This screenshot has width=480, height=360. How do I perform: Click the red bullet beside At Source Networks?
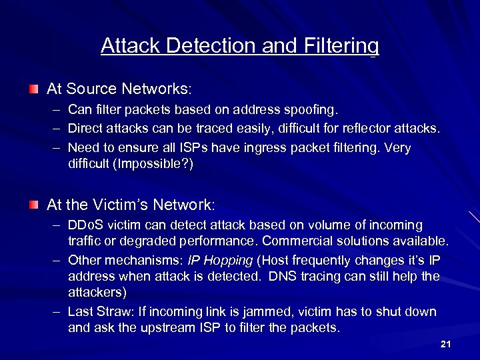34,89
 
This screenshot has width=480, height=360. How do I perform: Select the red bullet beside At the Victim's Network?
34,203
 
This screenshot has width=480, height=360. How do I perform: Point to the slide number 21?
446,344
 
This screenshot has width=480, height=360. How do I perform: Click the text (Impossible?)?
155,164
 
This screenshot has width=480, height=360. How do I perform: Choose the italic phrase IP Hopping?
220,260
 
